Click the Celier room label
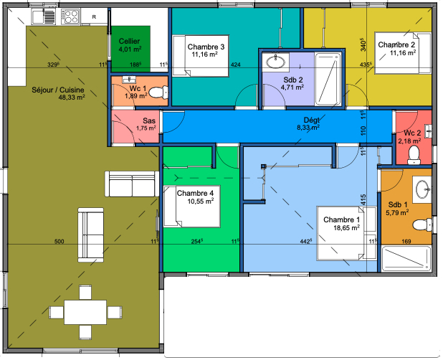click(129, 42)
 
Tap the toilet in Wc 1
click(161, 92)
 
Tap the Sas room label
click(149, 120)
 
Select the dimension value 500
click(59, 242)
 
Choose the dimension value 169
click(406, 242)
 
